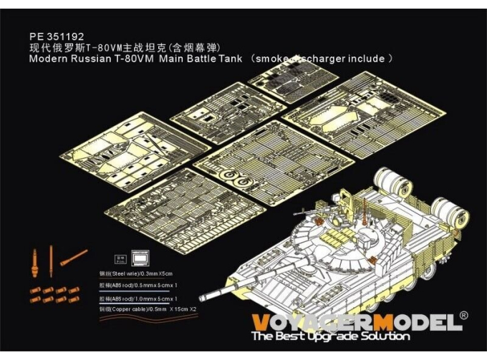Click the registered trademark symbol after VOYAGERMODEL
click(x=463, y=315)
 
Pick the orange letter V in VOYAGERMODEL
click(x=262, y=321)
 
